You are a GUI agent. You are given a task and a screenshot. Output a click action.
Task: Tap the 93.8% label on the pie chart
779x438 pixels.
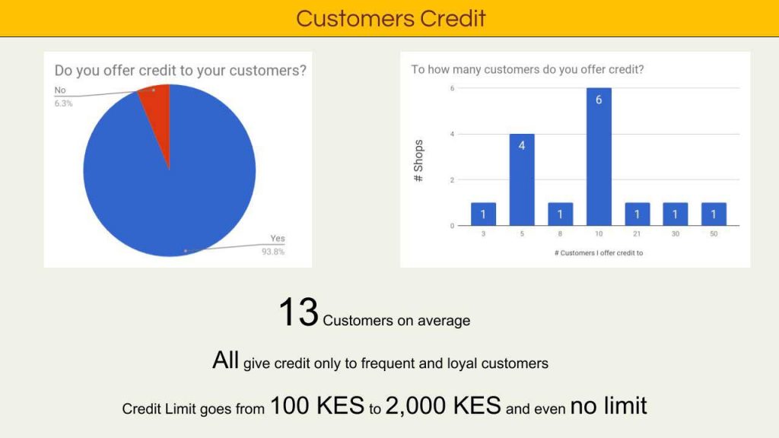pyautogui.click(x=273, y=252)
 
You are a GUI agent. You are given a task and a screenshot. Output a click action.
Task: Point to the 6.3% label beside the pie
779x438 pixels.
pyautogui.click(x=64, y=103)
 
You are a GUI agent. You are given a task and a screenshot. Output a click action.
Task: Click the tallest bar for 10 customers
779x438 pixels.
pyautogui.click(x=599, y=157)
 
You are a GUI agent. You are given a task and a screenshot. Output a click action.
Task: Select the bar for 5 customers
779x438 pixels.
pyautogui.click(x=522, y=179)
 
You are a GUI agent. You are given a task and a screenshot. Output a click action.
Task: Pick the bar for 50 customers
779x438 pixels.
pyautogui.click(x=714, y=214)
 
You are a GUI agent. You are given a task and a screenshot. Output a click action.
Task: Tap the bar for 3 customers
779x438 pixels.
pyautogui.click(x=483, y=214)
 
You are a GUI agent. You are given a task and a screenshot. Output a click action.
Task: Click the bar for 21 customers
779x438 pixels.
pyautogui.click(x=637, y=214)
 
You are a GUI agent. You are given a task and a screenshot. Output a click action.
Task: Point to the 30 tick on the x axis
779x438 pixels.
pyautogui.click(x=676, y=233)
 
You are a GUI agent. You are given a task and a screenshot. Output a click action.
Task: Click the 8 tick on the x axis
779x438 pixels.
pyautogui.click(x=560, y=233)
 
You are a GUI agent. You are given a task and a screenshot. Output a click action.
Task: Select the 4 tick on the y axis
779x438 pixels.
pyautogui.click(x=452, y=134)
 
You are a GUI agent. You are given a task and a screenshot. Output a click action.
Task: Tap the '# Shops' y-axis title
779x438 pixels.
pyautogui.click(x=418, y=160)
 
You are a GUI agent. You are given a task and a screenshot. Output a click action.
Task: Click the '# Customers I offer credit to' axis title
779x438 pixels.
pyautogui.click(x=599, y=252)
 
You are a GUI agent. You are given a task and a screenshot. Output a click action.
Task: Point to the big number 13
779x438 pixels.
pyautogui.click(x=298, y=313)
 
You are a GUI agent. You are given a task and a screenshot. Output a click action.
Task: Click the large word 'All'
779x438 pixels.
pyautogui.click(x=225, y=360)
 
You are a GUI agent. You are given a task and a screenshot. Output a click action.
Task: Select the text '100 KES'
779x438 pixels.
pyautogui.click(x=317, y=405)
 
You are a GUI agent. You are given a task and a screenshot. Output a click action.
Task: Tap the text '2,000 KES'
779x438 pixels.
pyautogui.click(x=444, y=405)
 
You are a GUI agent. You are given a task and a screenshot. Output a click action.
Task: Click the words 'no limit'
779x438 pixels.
pyautogui.click(x=609, y=405)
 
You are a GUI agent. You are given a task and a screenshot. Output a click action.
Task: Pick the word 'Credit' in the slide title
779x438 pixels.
pyautogui.click(x=453, y=18)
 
